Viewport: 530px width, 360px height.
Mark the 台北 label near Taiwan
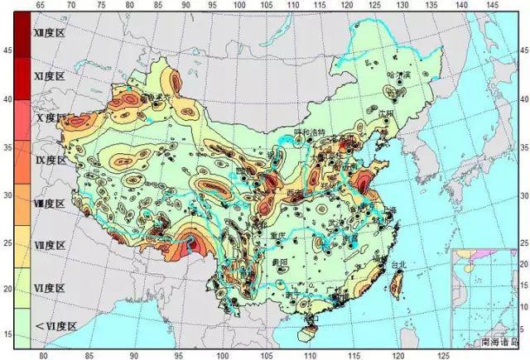(x=399, y=266)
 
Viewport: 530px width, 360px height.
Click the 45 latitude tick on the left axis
(x=7, y=51)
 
